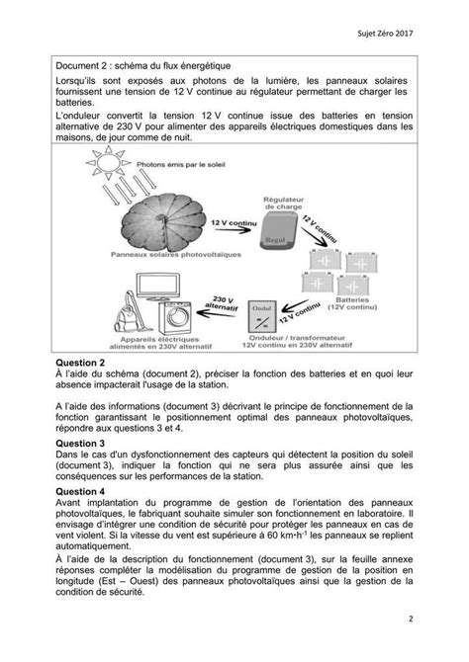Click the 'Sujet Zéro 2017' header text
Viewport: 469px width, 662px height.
click(x=385, y=34)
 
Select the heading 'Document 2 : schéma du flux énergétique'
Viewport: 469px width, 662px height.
click(x=143, y=66)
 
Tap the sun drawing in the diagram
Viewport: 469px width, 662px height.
click(x=108, y=162)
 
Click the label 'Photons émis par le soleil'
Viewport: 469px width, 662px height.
click(x=181, y=165)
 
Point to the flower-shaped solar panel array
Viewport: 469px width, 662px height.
click(x=163, y=222)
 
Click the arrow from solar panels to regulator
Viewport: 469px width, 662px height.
click(x=233, y=230)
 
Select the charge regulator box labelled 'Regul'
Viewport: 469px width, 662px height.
click(x=279, y=230)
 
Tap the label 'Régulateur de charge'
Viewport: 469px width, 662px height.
click(x=283, y=204)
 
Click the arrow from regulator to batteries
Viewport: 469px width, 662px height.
click(x=314, y=237)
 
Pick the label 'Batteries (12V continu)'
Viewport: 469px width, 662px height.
click(x=352, y=303)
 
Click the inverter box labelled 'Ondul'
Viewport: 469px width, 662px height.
click(x=262, y=316)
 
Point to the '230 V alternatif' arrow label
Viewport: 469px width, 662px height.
click(x=222, y=303)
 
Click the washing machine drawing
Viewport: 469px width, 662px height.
click(x=175, y=318)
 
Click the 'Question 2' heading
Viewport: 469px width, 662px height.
click(x=80, y=363)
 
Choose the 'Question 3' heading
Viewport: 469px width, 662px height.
click(x=80, y=444)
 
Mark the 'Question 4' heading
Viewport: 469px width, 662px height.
click(x=80, y=492)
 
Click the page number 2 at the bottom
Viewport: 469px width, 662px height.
click(x=411, y=620)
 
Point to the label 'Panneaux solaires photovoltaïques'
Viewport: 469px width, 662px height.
click(x=176, y=255)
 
